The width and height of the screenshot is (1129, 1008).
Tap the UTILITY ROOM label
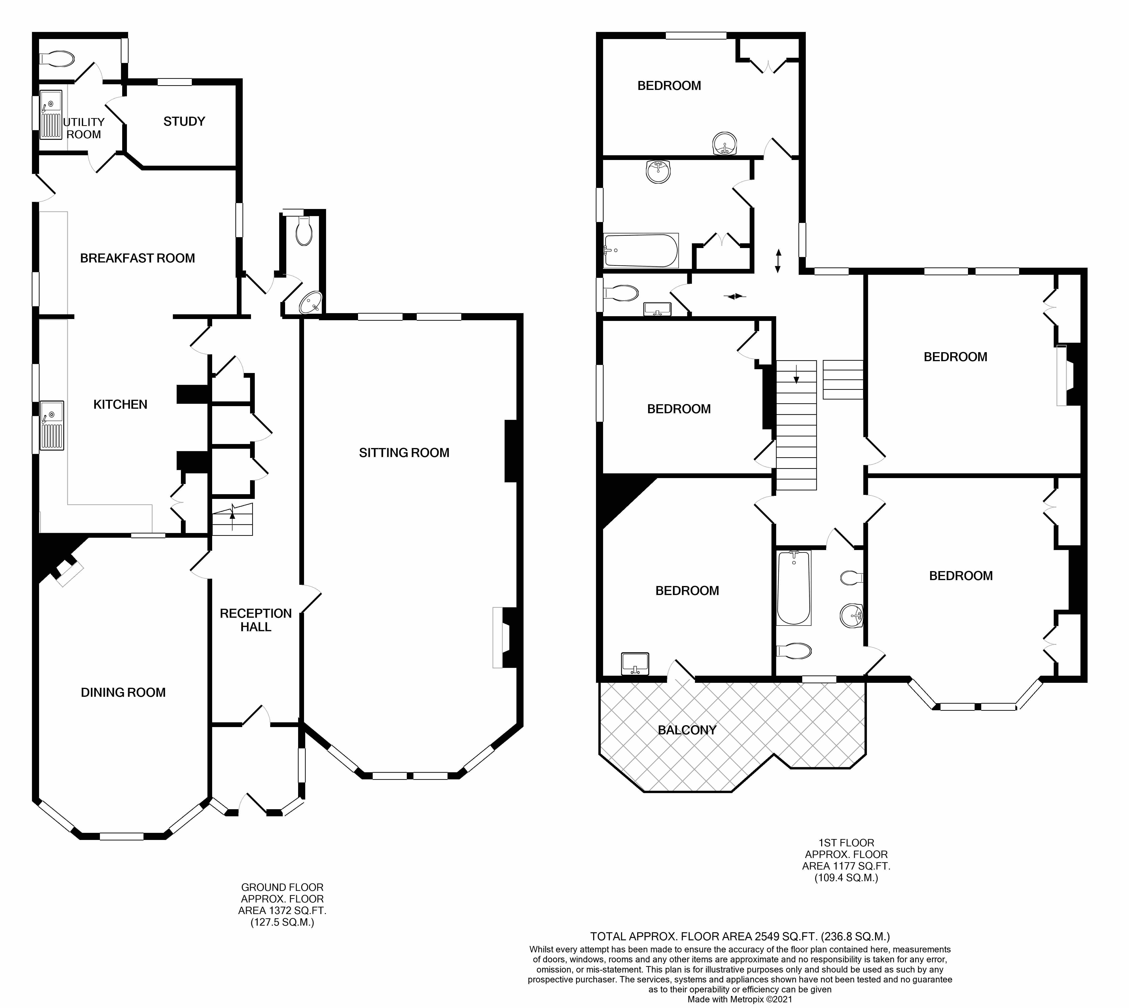(84, 128)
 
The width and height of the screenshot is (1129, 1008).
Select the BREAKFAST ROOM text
(137, 258)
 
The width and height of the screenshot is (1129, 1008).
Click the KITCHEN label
(120, 404)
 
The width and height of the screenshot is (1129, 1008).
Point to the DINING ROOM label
(123, 692)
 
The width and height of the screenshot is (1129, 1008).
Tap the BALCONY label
(687, 730)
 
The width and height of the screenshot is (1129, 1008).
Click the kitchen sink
(52, 425)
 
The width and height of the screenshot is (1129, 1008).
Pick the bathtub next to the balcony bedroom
(794, 588)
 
